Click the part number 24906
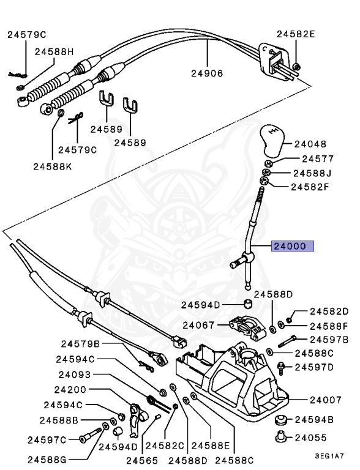point(206,73)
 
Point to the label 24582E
point(295,34)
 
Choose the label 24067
point(199,325)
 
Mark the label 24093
point(75,375)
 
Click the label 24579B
point(81,344)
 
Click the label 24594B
point(314,420)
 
